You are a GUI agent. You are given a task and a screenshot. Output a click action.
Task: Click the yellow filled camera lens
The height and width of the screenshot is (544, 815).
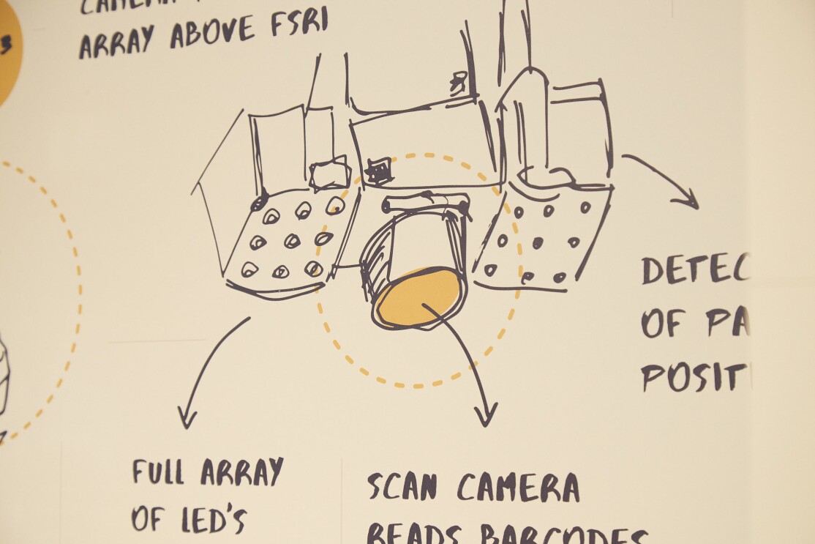419,297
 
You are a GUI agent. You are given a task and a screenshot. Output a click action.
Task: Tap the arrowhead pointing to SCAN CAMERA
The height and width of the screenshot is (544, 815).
486,417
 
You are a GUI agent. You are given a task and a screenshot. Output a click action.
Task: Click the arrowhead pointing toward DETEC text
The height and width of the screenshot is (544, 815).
688,199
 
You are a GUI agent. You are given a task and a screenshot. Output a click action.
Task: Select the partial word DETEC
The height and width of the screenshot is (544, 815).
696,270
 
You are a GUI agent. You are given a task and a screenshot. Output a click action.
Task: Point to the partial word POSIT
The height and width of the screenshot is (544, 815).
696,376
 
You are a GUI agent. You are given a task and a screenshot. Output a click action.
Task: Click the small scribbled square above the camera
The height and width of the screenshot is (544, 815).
379,171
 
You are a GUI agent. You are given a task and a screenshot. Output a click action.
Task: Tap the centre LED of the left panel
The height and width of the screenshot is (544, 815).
292,239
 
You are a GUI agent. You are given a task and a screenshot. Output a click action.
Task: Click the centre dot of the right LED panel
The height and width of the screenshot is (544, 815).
538,242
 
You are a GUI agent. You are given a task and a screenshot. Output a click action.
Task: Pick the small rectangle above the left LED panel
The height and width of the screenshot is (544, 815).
329,173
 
